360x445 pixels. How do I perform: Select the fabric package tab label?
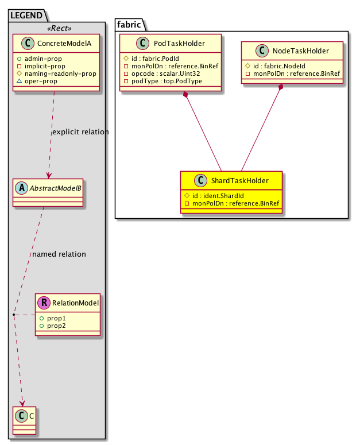pos(127,24)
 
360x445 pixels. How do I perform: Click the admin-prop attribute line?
pos(45,59)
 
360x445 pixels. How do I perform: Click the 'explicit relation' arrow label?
pos(80,132)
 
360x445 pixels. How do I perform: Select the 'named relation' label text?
pos(59,254)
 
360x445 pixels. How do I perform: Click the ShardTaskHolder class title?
pos(238,181)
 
